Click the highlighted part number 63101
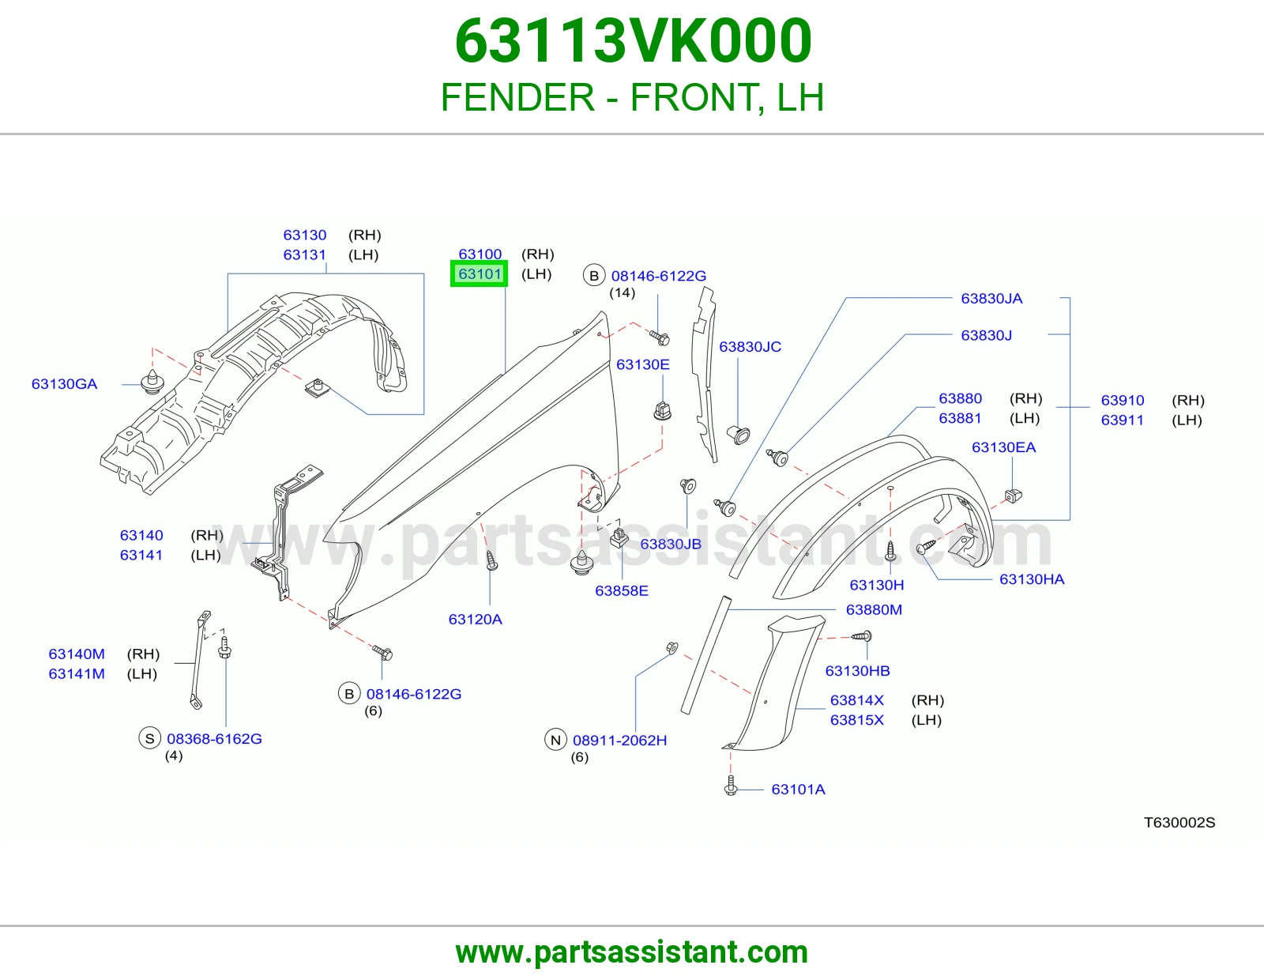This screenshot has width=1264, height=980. pos(480,274)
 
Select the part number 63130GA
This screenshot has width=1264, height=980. pos(65,384)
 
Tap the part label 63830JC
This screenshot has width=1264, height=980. pos(750,347)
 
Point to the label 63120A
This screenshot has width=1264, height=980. pos(475,619)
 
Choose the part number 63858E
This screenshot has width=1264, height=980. pos(621,590)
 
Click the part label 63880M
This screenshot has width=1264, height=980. pos(874,609)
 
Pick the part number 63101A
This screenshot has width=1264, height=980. pos(798,789)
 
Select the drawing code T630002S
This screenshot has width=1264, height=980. pos(1179,822)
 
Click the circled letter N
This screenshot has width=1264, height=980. pos(555,740)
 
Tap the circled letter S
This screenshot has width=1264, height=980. pos(149,738)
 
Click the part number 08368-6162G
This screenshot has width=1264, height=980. pos(214,738)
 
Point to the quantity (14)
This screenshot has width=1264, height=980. pos(622,292)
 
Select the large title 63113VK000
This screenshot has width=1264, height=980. pos(633,41)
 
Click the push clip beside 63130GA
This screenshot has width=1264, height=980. pos(152,382)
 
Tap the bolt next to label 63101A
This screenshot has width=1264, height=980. pos(731,786)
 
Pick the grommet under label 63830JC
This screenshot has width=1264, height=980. pos(738,434)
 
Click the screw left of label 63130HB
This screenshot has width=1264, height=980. pos(861,636)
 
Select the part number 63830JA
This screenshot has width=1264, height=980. pos(991,299)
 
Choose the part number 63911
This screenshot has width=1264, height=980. pos(1122,420)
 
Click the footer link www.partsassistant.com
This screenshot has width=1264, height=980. pos(632,952)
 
